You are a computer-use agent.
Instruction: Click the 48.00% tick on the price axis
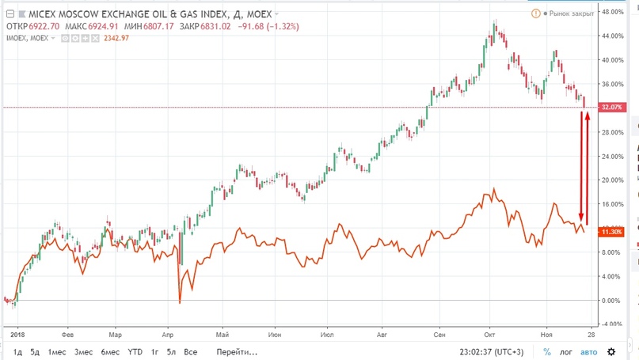612,13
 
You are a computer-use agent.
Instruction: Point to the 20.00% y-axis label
612,180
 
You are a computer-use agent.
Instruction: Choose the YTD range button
135,351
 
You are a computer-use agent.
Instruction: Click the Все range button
190,351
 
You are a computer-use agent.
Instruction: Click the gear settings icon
610,351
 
